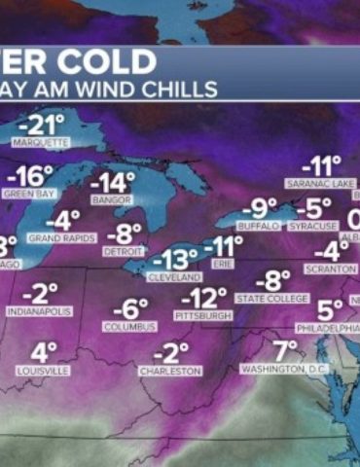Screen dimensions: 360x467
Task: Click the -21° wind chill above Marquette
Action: (x=43, y=125)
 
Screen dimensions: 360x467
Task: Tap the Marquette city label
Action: (x=41, y=143)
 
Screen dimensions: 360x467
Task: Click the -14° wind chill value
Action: (x=112, y=183)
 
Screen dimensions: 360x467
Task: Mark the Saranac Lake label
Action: (x=319, y=183)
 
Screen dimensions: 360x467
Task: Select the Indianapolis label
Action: (x=40, y=311)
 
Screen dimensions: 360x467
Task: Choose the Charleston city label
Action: (x=169, y=371)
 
